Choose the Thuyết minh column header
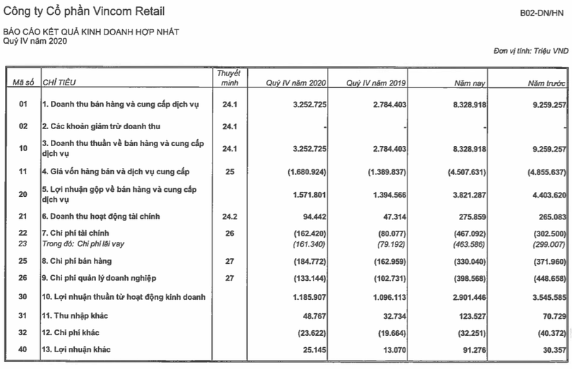click(228, 78)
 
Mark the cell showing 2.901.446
click(463, 315)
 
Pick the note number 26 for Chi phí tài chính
click(228, 233)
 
